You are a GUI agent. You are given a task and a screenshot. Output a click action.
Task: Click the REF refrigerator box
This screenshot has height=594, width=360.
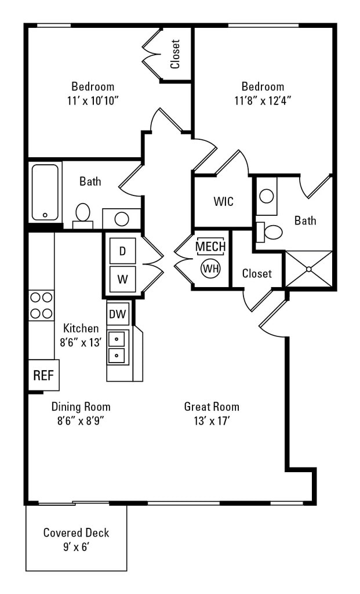43,375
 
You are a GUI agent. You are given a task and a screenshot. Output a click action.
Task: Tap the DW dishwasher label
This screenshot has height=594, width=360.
118,314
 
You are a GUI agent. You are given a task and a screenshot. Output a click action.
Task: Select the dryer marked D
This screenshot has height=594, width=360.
122,251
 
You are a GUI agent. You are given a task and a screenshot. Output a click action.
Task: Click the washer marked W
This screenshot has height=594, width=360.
122,279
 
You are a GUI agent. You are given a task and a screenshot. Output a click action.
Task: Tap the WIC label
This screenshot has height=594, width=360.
223,202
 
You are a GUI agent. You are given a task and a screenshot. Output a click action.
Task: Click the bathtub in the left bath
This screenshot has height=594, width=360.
45,192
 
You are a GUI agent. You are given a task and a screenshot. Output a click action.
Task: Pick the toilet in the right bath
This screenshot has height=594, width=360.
271,232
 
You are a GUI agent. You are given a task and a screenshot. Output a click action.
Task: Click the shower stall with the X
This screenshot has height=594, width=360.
309,269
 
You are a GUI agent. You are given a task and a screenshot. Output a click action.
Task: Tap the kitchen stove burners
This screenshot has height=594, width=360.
41,305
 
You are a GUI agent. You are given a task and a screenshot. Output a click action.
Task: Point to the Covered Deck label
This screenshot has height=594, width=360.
76,533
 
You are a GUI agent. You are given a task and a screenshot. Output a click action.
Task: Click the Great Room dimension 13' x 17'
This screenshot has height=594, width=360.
212,421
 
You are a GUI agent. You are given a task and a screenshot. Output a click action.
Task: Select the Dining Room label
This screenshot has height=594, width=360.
81,407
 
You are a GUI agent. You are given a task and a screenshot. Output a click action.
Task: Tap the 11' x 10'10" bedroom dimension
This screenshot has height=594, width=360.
93,100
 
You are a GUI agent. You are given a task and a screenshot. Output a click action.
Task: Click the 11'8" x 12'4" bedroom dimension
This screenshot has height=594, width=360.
263,100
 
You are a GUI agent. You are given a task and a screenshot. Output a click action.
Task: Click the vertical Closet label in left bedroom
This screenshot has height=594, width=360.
175,54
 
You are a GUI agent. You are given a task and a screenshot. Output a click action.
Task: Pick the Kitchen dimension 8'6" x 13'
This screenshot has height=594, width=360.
81,342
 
